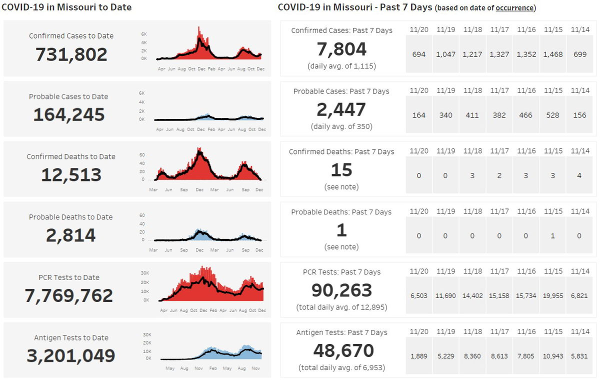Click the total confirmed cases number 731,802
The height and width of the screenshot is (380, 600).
point(71,54)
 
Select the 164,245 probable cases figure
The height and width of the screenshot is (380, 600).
point(69,114)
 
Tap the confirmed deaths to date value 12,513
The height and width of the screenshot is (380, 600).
point(71,175)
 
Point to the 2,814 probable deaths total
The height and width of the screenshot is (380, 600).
point(70,235)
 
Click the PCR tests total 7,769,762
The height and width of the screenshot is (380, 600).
point(69,295)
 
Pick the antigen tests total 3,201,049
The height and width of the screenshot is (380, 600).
point(70,355)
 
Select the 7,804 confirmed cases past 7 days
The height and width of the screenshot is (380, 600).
point(341,49)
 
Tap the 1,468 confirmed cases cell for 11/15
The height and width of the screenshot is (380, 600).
point(553,54)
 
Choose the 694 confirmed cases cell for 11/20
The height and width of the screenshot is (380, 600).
point(419,54)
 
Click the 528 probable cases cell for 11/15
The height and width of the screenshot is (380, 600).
point(553,115)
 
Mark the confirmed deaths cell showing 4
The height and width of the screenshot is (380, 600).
point(580,175)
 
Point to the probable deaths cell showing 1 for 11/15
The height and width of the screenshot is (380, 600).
point(553,236)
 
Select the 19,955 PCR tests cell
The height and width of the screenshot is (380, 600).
point(553,295)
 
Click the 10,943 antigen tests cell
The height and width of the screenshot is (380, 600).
point(553,356)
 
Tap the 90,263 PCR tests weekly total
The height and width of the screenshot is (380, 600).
point(341,290)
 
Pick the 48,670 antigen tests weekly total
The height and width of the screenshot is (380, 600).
point(343,351)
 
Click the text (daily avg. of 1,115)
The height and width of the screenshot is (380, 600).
point(341,65)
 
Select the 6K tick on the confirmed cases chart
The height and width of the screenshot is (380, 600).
point(143,34)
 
